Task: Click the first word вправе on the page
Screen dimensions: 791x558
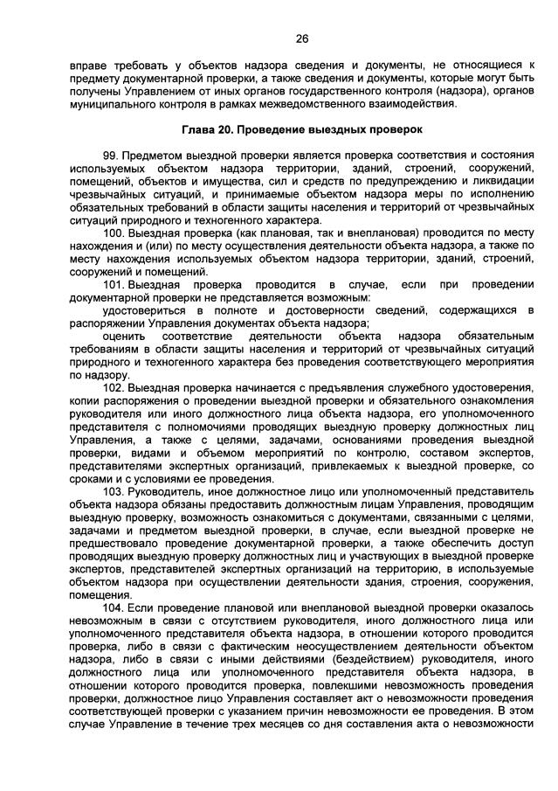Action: (88, 65)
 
